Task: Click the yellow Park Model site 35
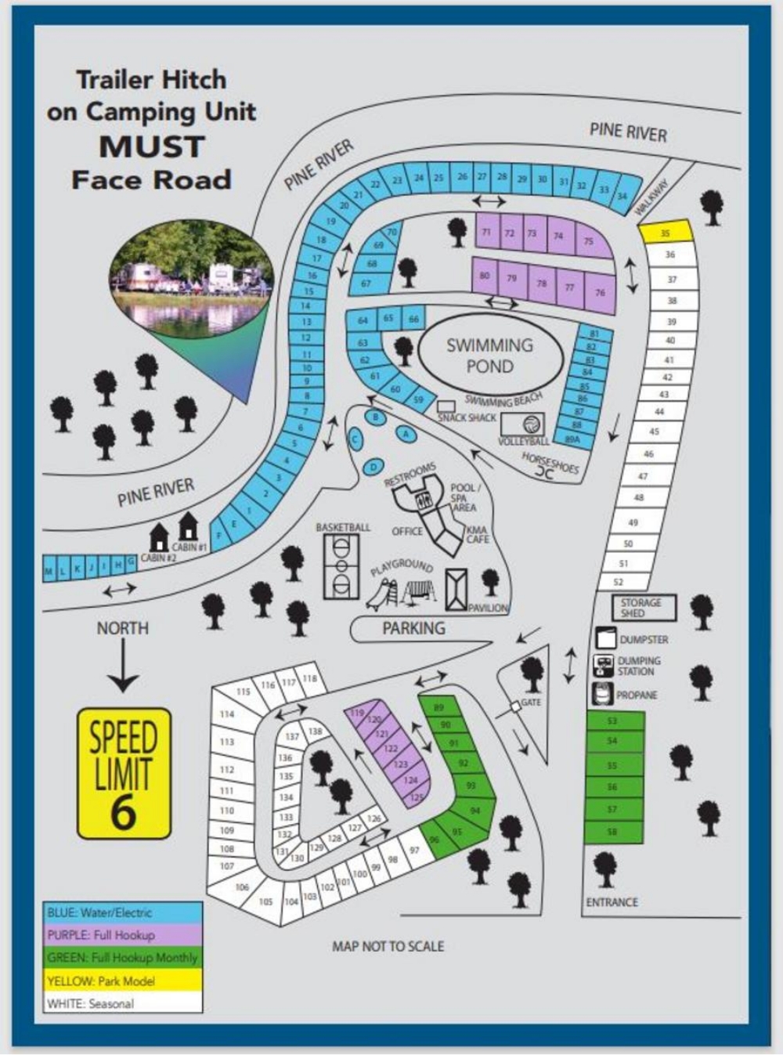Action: point(666,233)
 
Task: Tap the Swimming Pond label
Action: point(489,356)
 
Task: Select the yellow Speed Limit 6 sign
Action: point(124,773)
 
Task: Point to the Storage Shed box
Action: point(643,608)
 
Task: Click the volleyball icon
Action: point(532,425)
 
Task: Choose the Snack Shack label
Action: point(467,417)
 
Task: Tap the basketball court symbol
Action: point(341,566)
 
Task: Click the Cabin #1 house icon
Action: point(188,526)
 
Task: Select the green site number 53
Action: point(613,721)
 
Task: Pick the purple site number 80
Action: point(485,276)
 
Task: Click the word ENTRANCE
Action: point(612,902)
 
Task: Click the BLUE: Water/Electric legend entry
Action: point(123,912)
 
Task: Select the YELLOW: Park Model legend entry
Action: point(123,981)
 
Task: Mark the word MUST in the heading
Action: point(152,146)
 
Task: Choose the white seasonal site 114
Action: point(227,714)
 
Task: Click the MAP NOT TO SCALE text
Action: point(388,946)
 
